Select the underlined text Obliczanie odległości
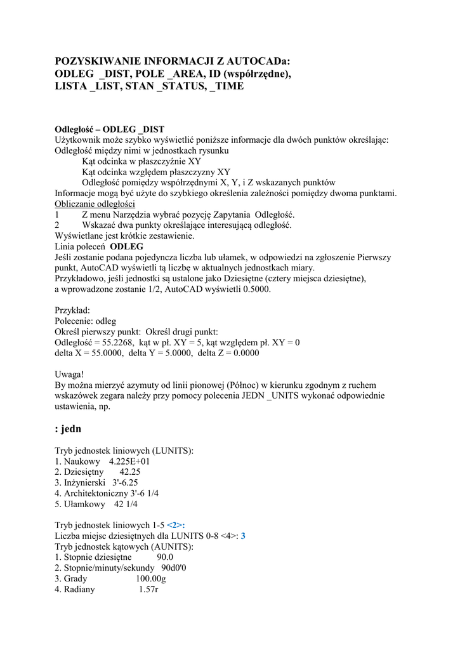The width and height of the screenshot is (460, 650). click(x=95, y=204)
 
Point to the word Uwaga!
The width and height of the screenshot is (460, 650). click(x=70, y=375)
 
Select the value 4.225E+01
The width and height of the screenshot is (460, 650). click(x=129, y=461)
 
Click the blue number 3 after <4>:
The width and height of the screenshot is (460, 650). click(x=243, y=536)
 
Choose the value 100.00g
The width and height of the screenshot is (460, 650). click(x=150, y=578)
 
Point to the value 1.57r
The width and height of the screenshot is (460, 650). click(x=148, y=589)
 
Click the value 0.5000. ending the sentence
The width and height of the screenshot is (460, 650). click(x=253, y=289)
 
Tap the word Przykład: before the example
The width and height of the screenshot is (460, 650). click(x=72, y=310)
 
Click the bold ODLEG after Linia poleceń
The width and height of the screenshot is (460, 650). click(x=126, y=246)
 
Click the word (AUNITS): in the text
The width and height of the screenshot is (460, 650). click(x=173, y=546)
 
